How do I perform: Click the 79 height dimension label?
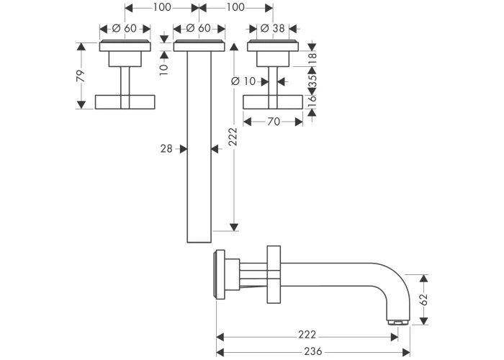81,76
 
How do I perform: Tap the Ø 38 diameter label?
273,28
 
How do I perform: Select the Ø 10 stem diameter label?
243,81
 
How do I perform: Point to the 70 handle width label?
273,122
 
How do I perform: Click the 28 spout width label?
166,148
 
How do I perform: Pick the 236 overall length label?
313,351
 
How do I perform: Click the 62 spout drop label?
424,300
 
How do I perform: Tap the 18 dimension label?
312,58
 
